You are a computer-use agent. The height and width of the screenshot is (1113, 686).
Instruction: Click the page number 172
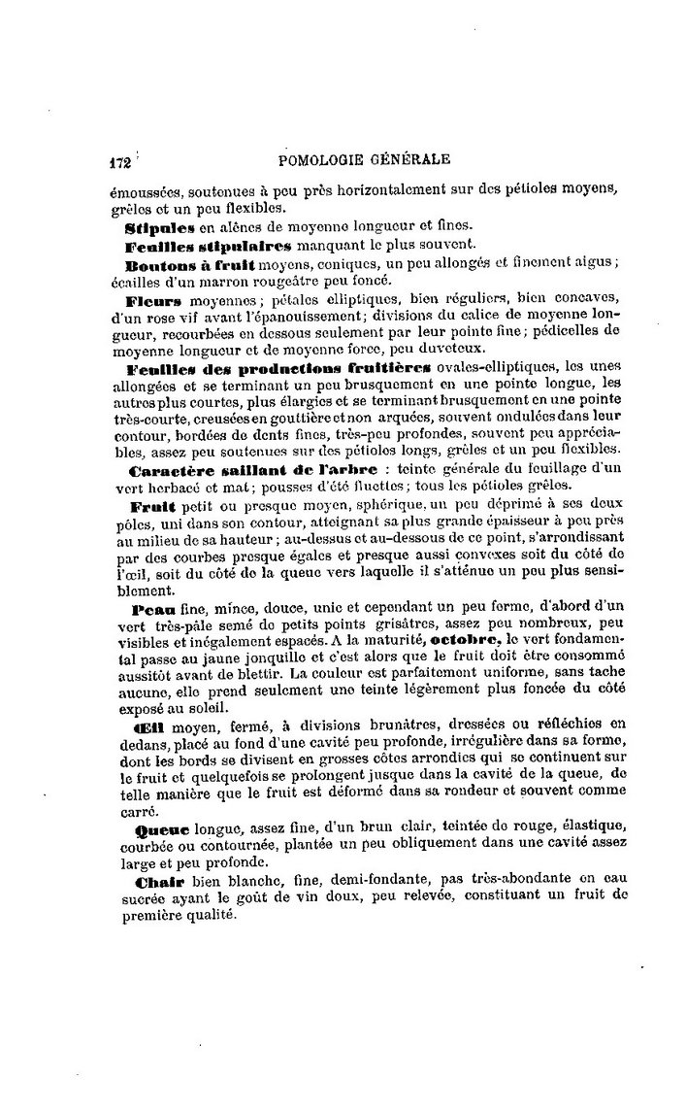click(119, 162)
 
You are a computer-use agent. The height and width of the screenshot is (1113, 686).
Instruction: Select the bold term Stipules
click(160, 228)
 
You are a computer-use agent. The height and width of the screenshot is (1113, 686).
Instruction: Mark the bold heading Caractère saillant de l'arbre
click(253, 470)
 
